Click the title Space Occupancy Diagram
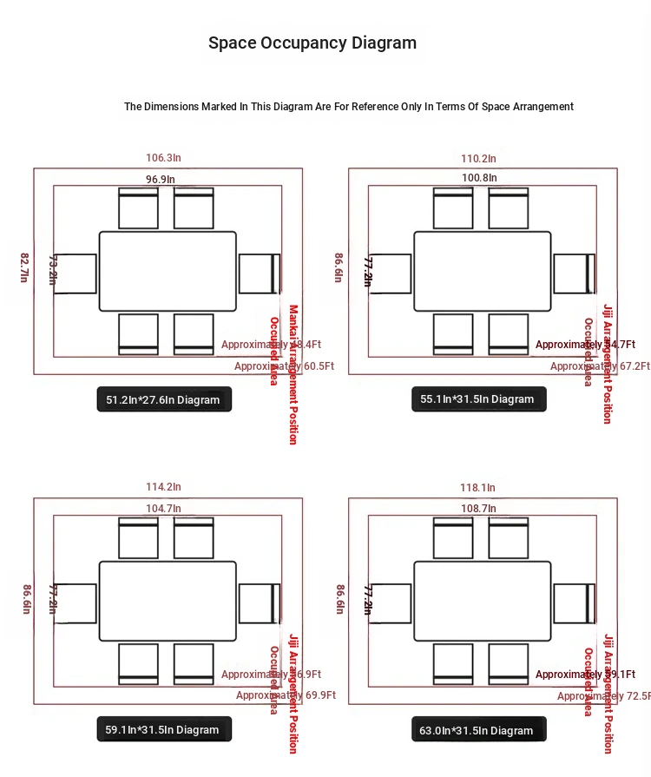312,43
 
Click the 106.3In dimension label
163,158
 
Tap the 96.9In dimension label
160,179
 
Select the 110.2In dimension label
478,158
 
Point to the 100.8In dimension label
479,178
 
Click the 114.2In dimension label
163,487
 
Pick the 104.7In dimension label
163,508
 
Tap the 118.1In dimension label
478,487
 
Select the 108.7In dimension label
479,508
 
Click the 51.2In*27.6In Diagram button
164,399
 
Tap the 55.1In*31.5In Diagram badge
478,399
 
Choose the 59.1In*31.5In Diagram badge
163,729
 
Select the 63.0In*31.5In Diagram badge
478,730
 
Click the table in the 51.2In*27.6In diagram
168,271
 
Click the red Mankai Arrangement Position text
293,374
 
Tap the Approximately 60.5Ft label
285,366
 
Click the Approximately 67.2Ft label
600,366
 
